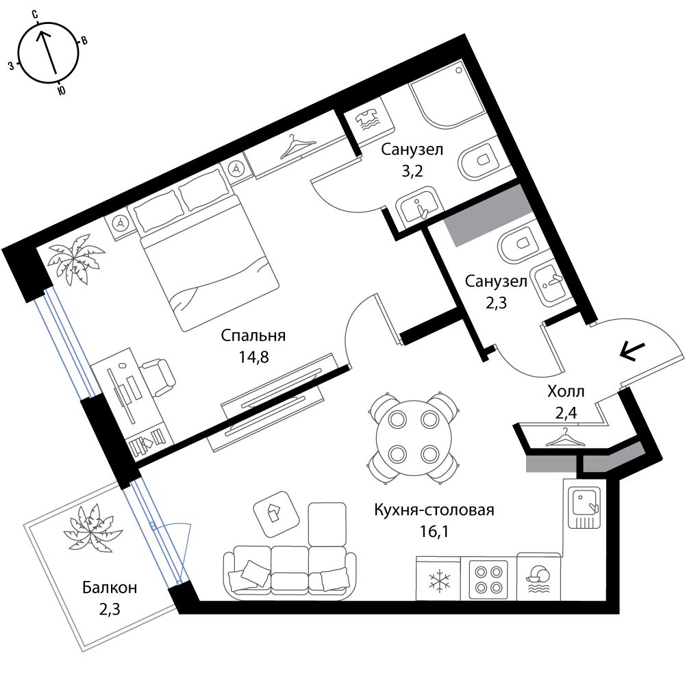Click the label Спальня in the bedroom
[253, 336]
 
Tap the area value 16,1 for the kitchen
[434, 532]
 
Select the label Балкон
[110, 588]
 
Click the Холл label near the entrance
[566, 391]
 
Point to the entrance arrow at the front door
[632, 351]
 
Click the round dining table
[414, 438]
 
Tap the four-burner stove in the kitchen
[488, 580]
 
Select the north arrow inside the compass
[48, 53]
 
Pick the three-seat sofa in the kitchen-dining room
[290, 569]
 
